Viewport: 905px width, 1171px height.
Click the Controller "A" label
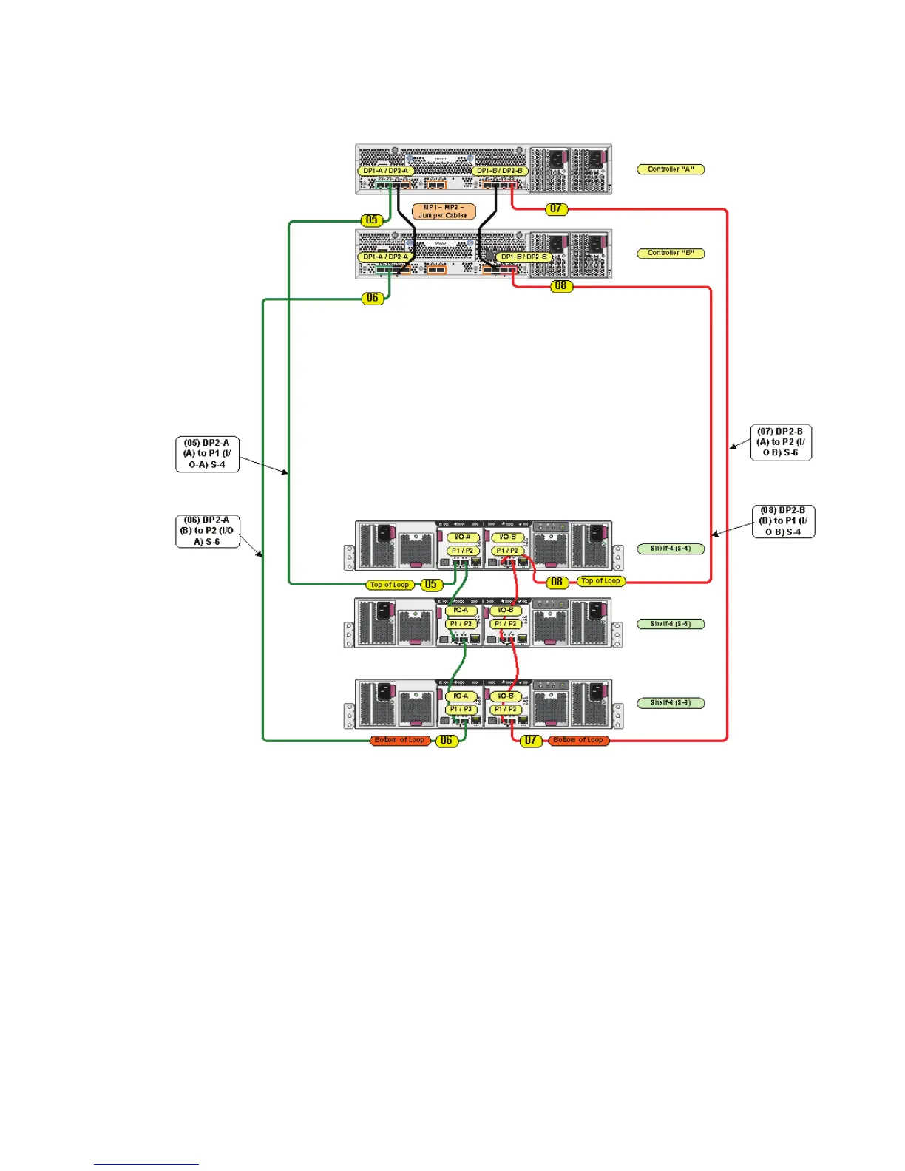[x=671, y=169]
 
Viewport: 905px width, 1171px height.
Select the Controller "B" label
[x=671, y=254]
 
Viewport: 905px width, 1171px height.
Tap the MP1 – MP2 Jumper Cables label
[x=444, y=211]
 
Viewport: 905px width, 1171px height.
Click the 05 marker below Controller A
[x=372, y=220]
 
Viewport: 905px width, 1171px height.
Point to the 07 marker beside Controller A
[x=556, y=209]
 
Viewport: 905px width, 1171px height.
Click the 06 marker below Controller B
[x=373, y=298]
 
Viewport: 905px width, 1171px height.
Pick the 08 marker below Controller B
[x=561, y=286]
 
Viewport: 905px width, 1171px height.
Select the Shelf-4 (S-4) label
[x=671, y=549]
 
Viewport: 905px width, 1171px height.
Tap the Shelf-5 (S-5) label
[x=671, y=624]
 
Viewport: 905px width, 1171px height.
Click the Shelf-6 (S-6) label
[x=671, y=703]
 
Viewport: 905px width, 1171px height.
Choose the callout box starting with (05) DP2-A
[x=207, y=454]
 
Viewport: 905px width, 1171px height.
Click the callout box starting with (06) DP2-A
[x=208, y=531]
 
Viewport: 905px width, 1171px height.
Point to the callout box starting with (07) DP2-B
[x=781, y=442]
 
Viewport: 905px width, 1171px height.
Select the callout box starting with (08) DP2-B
[x=783, y=521]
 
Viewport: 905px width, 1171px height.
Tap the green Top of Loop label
[x=390, y=585]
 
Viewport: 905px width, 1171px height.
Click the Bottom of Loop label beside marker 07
[x=579, y=740]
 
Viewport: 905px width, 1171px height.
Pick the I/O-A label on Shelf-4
[x=463, y=537]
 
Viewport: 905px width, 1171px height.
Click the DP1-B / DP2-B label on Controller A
[x=500, y=171]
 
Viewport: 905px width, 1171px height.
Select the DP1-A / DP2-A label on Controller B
[x=385, y=257]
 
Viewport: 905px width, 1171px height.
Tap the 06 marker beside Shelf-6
[x=446, y=740]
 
